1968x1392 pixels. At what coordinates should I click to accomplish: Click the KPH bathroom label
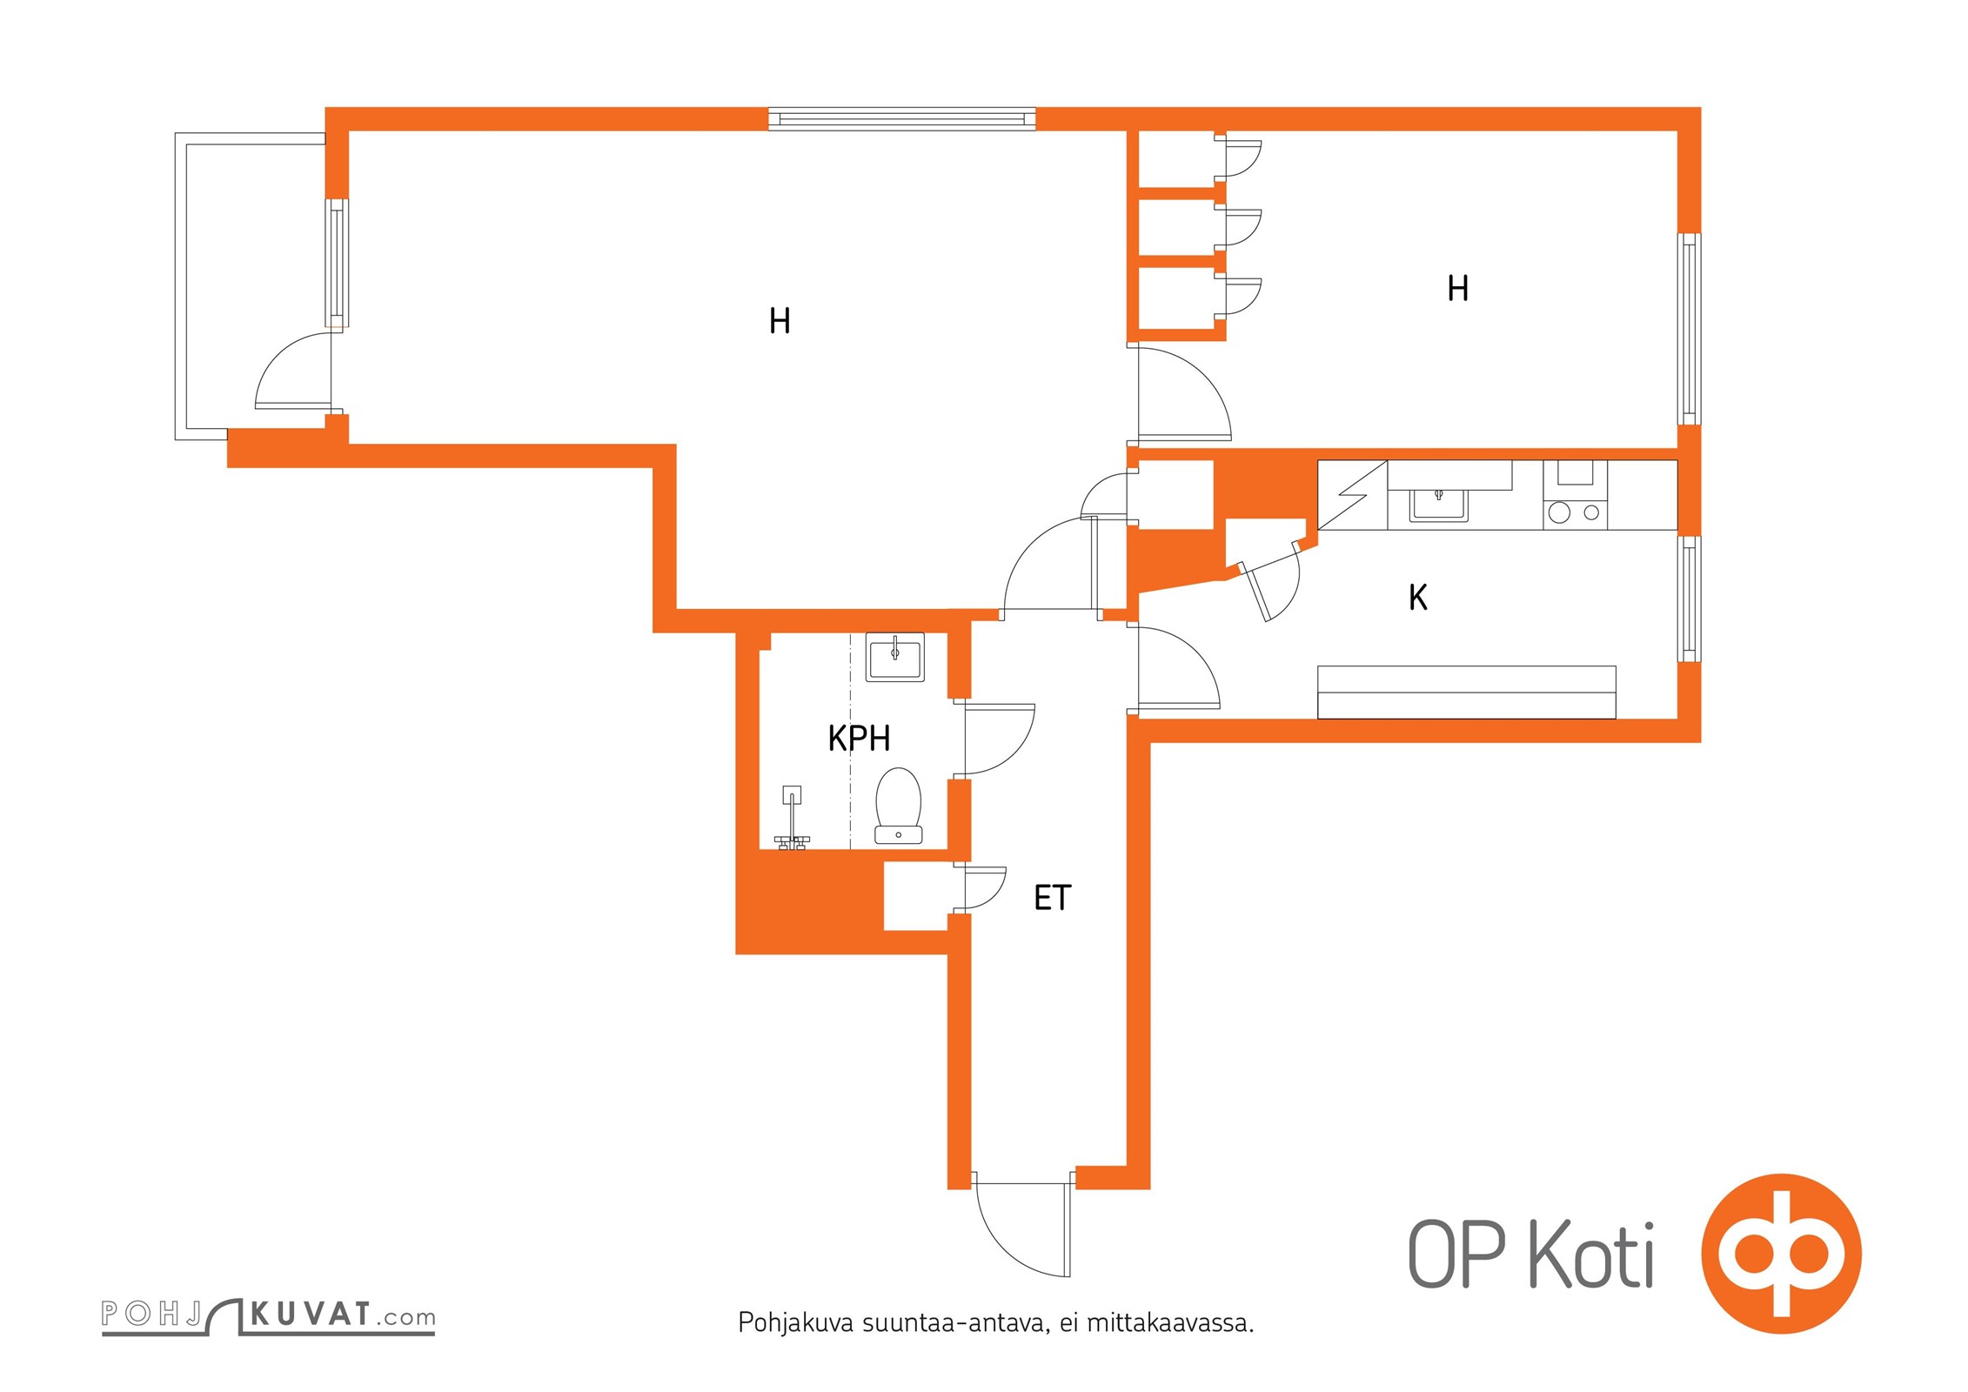click(859, 739)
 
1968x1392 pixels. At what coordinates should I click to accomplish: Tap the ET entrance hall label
click(1052, 898)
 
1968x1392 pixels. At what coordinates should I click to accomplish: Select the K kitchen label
click(1418, 598)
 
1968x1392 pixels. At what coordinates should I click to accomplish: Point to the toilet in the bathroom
click(898, 806)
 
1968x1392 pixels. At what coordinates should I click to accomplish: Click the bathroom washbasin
click(894, 657)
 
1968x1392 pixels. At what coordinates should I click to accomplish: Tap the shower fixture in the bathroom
click(792, 818)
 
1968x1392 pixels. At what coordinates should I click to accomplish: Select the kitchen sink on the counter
click(1438, 505)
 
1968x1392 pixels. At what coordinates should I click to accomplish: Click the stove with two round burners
click(1575, 512)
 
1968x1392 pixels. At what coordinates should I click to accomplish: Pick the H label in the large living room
click(780, 321)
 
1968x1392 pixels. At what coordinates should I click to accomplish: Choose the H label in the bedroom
click(1458, 288)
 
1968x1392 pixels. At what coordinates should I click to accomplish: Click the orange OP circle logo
click(1781, 1254)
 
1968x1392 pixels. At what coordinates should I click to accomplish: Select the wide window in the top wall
click(902, 119)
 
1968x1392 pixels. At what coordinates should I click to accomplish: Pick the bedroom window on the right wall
click(1689, 329)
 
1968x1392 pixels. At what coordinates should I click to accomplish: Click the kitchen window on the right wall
click(1689, 599)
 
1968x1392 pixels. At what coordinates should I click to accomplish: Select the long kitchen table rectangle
click(1467, 693)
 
